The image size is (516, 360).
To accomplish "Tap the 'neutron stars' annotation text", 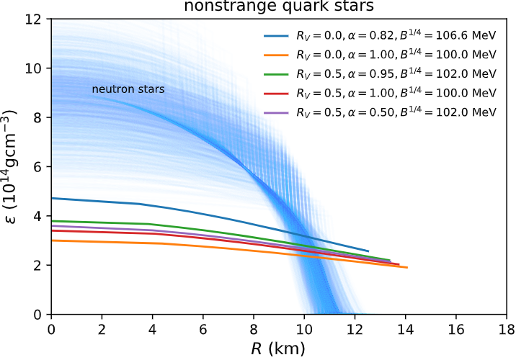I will click(128, 90).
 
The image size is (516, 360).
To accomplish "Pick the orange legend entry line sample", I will click(277, 54).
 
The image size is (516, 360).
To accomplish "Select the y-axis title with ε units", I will click(14, 166).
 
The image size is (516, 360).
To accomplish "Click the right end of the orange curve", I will click(407, 268).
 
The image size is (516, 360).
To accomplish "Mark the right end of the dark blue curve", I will click(368, 251).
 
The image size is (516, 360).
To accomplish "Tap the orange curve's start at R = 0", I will click(51, 240).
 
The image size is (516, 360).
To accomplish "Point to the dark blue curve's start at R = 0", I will click(51, 198).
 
